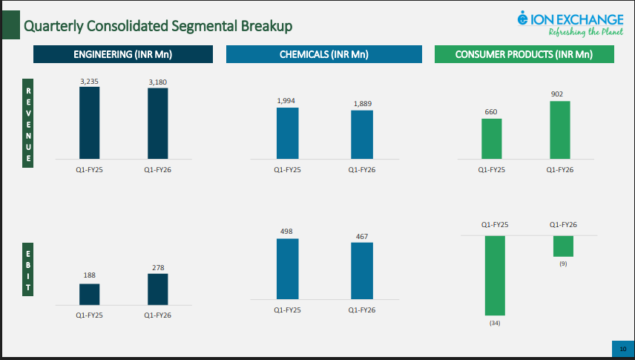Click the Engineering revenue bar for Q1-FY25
pos(90,122)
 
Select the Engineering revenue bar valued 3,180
pos(157,123)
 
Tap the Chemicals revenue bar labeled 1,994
pos(287,133)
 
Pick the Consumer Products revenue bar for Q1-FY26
pos(560,130)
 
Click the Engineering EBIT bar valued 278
pos(157,289)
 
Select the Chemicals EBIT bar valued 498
pos(287,269)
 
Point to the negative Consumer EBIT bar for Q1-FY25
pos(495,275)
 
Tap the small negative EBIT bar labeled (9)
pos(563,246)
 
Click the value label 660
pos(491,112)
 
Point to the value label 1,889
pos(362,104)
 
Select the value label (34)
pos(495,323)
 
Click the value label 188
pos(89,275)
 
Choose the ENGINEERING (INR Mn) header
pos(122,54)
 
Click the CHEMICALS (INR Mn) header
pos(323,54)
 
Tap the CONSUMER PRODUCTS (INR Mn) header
pos(524,54)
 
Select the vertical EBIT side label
pos(29,275)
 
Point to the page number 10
pos(622,349)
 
